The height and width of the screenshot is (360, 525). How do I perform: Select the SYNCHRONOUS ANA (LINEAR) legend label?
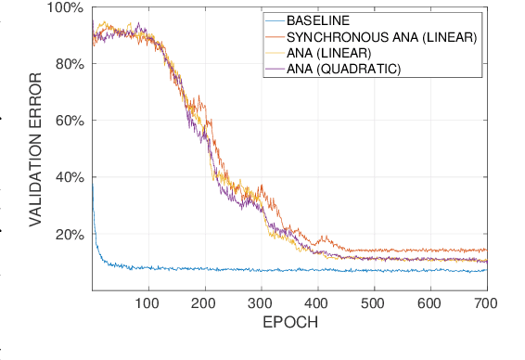coord(381,37)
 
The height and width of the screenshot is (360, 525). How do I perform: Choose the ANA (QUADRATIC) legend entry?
coord(343,69)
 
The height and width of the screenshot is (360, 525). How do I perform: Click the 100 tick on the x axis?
coord(148,303)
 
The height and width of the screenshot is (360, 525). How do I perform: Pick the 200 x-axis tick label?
coord(205,303)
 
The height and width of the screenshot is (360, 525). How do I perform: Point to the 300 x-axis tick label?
coord(262,303)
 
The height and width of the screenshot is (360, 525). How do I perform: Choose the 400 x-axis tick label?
coord(318,303)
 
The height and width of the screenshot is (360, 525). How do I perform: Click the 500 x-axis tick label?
coord(375,303)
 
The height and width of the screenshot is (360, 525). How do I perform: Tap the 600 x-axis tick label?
coord(430,303)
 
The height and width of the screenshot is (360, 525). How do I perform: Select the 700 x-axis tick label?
coord(486,303)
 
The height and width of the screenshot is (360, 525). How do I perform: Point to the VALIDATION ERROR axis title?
coord(37,149)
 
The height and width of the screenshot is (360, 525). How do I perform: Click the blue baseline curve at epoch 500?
coord(375,271)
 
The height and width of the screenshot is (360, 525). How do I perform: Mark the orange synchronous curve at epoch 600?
coord(430,250)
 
